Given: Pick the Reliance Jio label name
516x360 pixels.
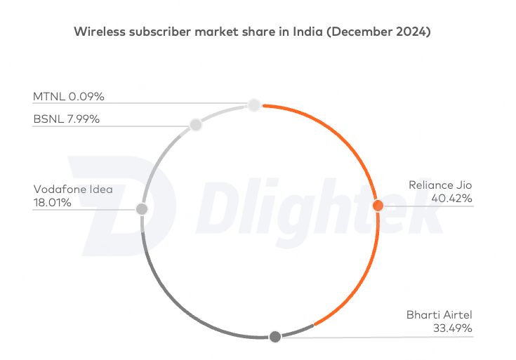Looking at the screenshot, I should (x=440, y=185).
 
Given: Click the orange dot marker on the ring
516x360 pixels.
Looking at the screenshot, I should (x=378, y=206).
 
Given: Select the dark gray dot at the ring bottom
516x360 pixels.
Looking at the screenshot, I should (x=275, y=337).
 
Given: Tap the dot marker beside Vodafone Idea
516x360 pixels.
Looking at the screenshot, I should (x=142, y=209).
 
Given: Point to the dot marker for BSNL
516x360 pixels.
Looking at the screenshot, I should (x=196, y=125).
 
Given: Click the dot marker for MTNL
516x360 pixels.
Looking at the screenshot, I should (x=254, y=105).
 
